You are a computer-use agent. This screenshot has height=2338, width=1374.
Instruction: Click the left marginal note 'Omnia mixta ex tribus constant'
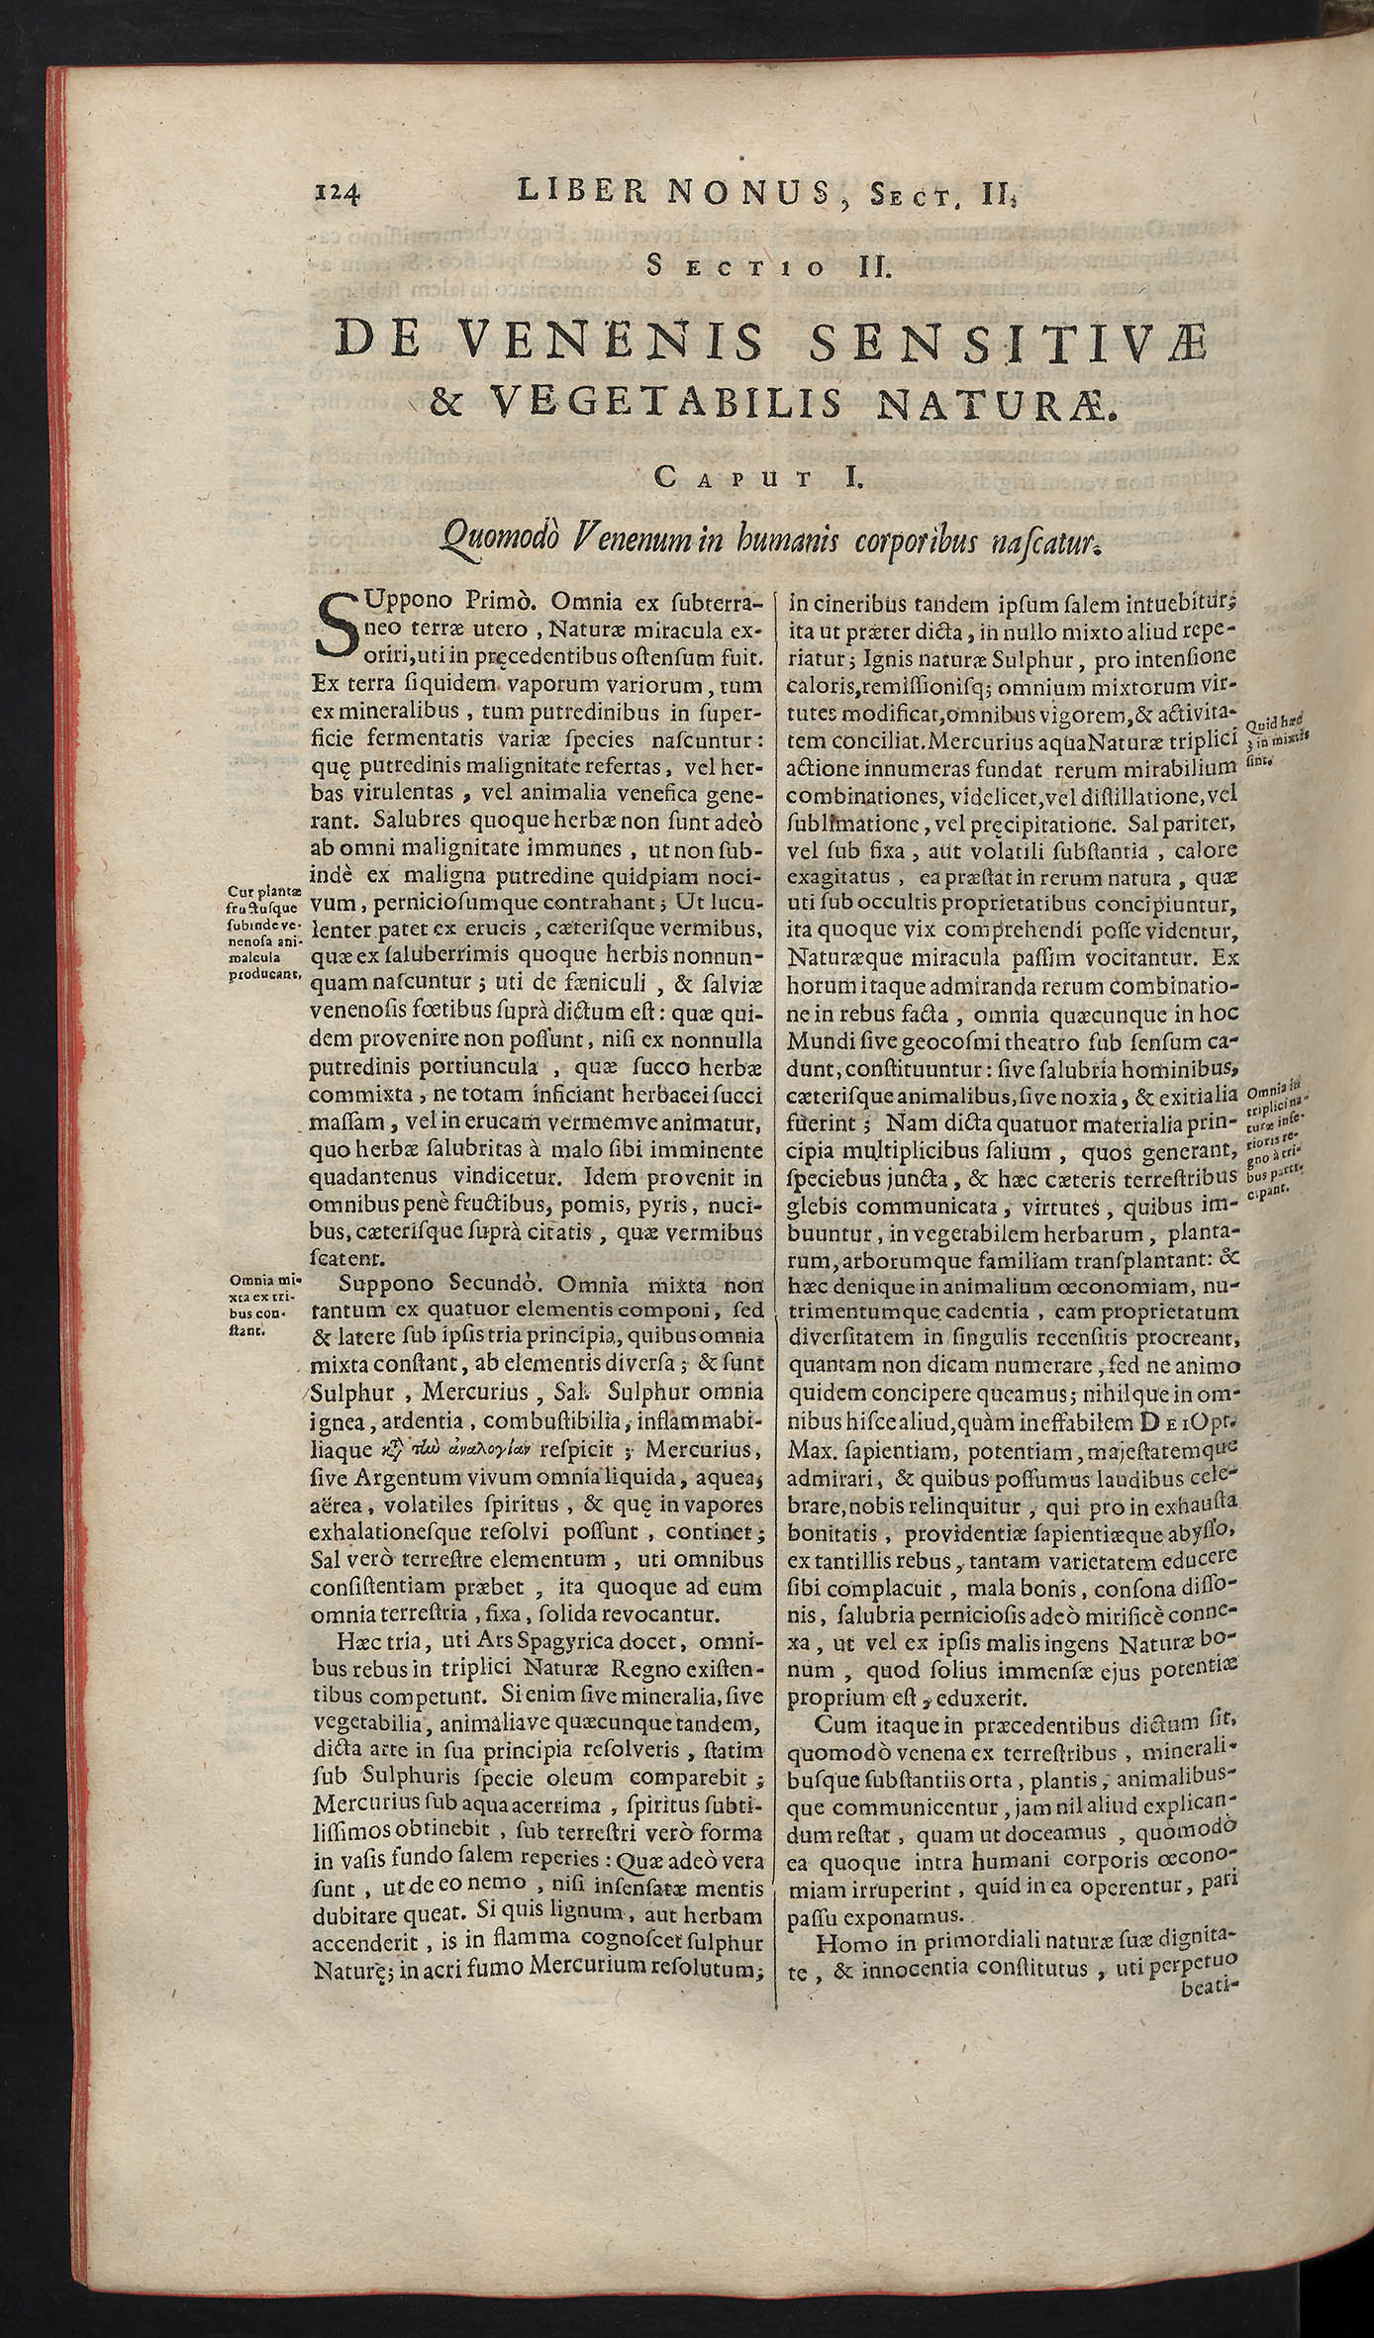click(260, 1306)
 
